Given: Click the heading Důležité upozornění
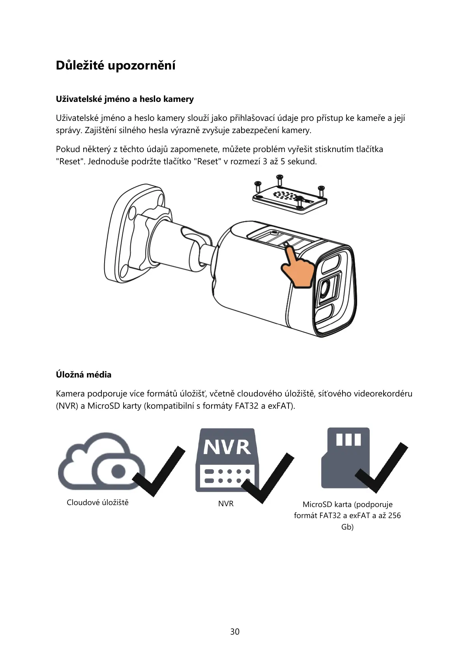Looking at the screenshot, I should point(116,66).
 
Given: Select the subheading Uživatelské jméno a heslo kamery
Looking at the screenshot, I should point(125,99).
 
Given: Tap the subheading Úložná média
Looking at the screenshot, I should point(84,375).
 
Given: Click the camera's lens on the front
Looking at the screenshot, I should point(325,291).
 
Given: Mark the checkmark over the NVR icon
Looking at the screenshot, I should point(268,478).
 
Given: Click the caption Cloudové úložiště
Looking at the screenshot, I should point(97,503).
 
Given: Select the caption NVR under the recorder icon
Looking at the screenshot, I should point(226,504).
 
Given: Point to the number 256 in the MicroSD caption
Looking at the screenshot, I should point(394,515).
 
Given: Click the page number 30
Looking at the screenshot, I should point(235,632).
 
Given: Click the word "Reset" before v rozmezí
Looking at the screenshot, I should point(208,162).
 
